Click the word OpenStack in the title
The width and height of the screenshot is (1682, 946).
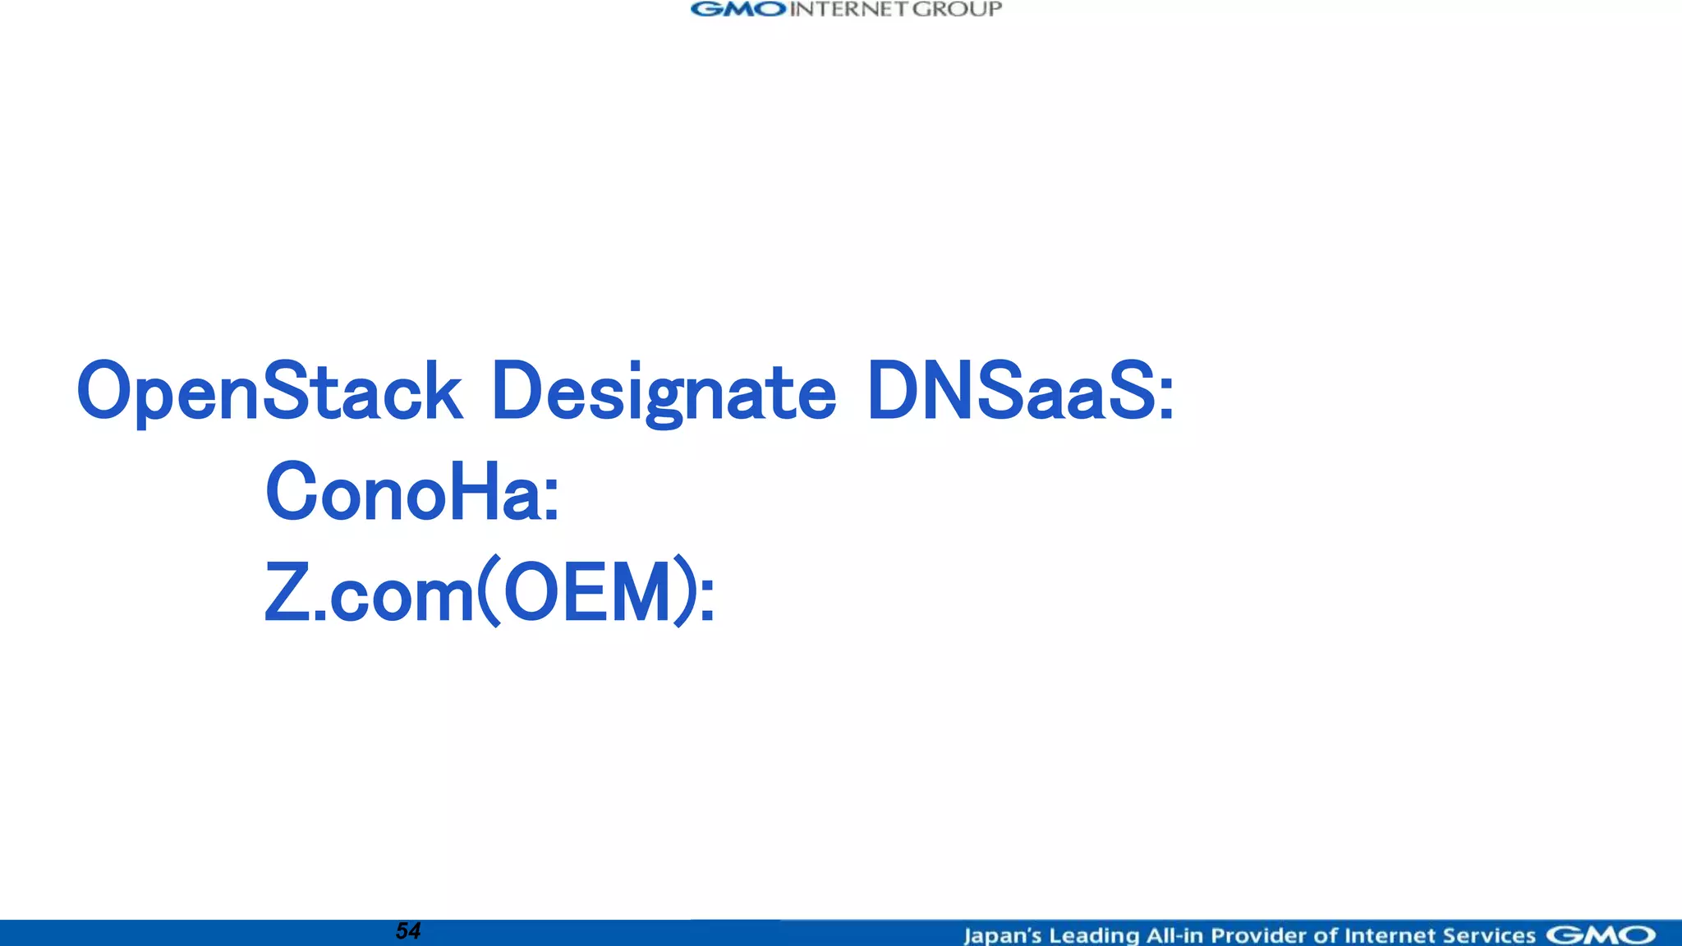click(x=269, y=392)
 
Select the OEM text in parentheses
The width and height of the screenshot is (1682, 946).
click(x=587, y=593)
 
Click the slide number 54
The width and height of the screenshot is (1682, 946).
click(x=408, y=931)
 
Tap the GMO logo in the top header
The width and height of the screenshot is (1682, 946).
click(x=738, y=10)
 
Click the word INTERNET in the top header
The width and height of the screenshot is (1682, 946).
click(x=849, y=10)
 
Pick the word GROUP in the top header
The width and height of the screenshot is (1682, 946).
click(x=958, y=10)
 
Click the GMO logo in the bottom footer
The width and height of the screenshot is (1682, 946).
click(x=1601, y=935)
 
